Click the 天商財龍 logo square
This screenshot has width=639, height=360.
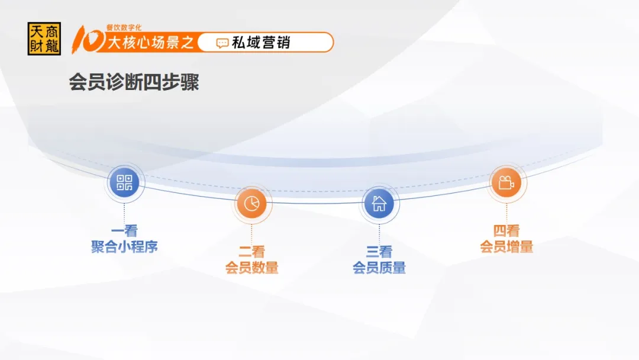(x=44, y=38)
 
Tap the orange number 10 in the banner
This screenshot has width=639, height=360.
(x=87, y=40)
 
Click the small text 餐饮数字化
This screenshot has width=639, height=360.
(x=124, y=27)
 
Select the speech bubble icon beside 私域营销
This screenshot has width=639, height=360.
(x=222, y=43)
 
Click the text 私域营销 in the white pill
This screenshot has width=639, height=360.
(x=261, y=43)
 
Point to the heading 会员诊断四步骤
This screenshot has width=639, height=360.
(x=134, y=82)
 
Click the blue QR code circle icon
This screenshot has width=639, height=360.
(x=124, y=182)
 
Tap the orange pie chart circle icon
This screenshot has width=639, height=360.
(x=251, y=203)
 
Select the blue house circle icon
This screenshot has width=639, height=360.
(x=379, y=203)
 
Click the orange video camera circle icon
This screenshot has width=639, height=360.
(x=506, y=182)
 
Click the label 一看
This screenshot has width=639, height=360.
(x=124, y=231)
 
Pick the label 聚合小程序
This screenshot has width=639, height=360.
(x=124, y=247)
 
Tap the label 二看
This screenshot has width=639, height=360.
(x=251, y=252)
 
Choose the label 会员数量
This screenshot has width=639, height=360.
(x=251, y=268)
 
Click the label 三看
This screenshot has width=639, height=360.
(x=379, y=252)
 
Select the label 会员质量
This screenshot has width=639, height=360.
(x=379, y=268)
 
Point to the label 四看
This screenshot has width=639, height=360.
(x=506, y=231)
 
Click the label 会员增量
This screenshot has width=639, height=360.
(x=506, y=247)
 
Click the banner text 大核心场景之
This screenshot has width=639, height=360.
(x=150, y=43)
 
